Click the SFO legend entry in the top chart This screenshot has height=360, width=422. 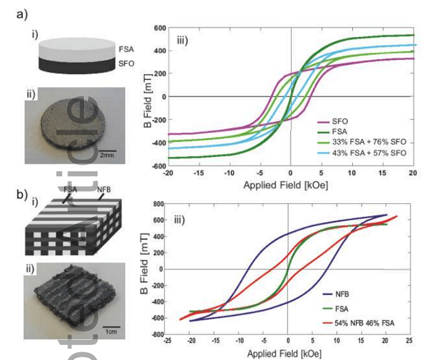[345, 120]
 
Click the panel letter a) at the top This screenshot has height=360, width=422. [22, 13]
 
